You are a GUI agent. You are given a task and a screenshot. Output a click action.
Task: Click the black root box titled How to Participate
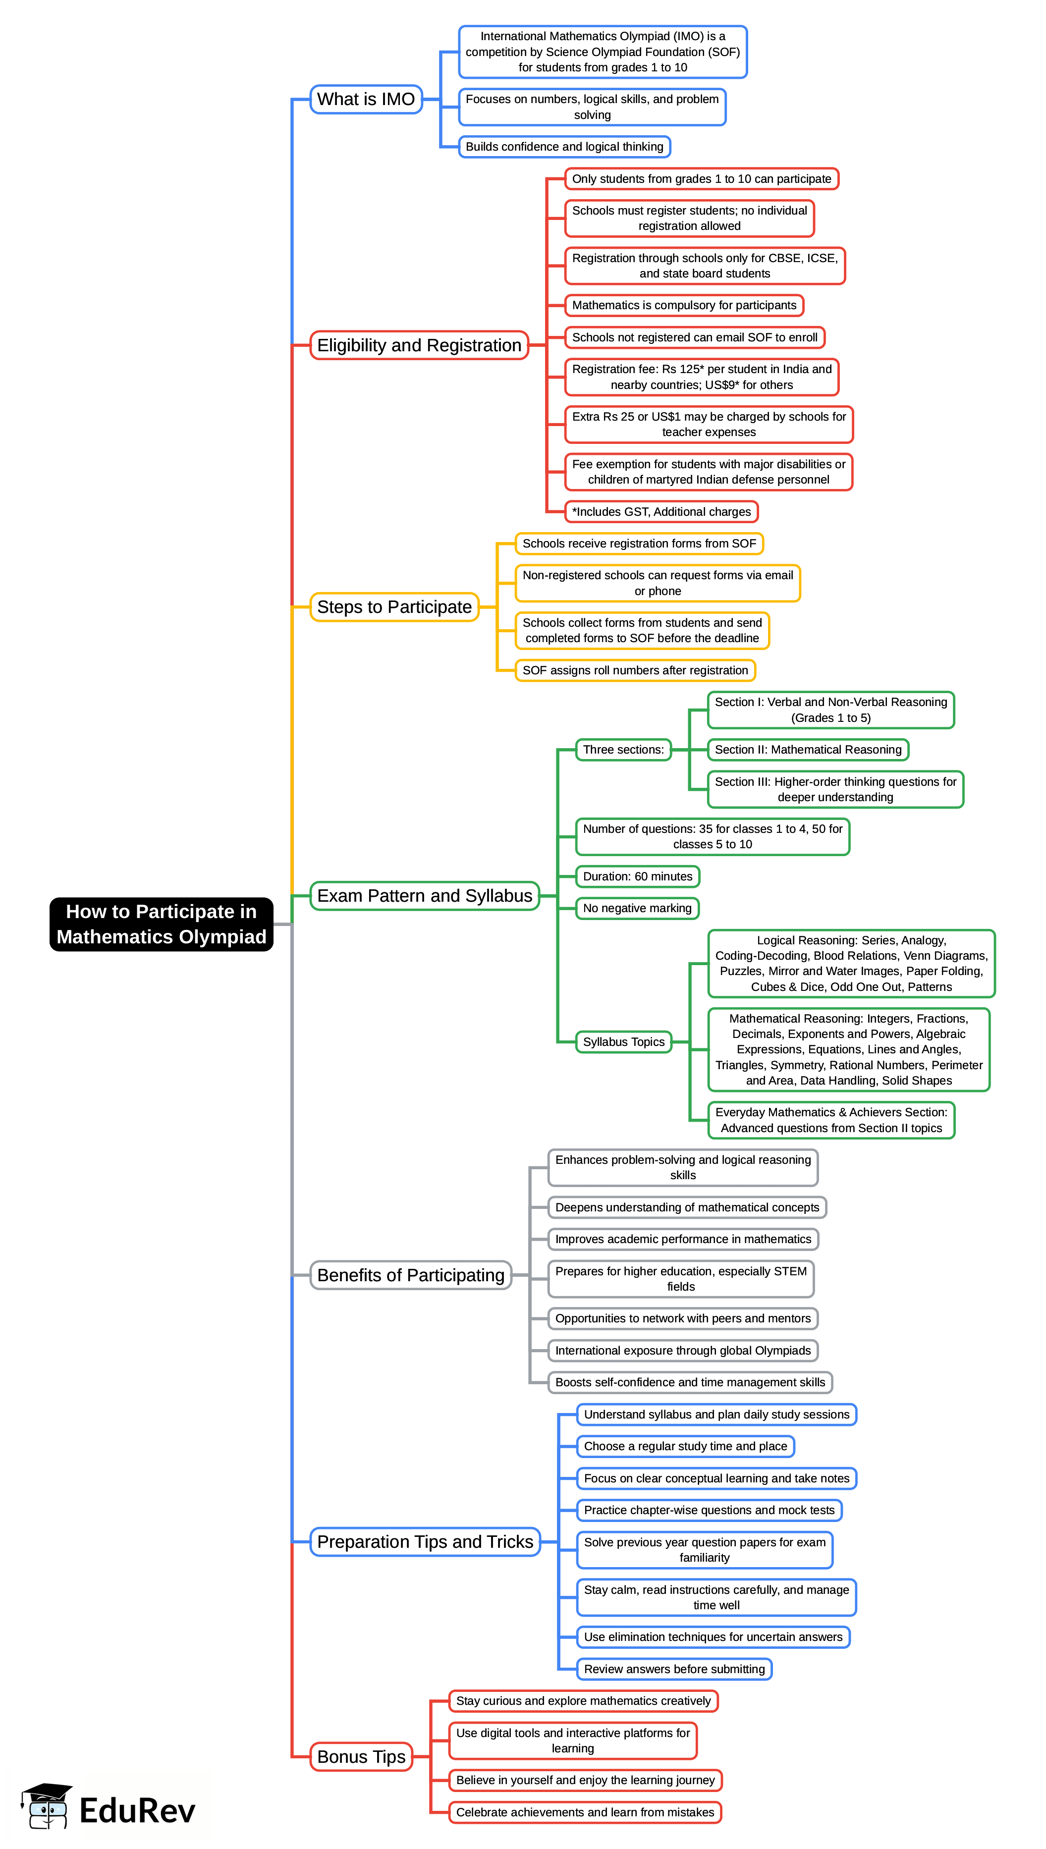(x=161, y=924)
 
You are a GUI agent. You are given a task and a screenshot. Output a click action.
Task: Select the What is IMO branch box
(x=366, y=99)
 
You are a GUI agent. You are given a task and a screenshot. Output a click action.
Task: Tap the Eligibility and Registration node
(x=419, y=345)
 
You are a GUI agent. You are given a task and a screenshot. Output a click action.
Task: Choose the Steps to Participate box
(x=394, y=607)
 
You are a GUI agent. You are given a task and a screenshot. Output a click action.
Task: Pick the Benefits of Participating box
(x=410, y=1275)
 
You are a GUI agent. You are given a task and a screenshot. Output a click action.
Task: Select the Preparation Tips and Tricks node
(x=425, y=1541)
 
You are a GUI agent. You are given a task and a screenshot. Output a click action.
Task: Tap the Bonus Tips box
(x=361, y=1756)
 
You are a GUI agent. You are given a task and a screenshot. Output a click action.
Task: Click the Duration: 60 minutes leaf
(x=637, y=876)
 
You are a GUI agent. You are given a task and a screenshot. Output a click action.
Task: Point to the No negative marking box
(x=637, y=908)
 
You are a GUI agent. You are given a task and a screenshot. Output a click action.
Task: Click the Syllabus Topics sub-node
(x=623, y=1041)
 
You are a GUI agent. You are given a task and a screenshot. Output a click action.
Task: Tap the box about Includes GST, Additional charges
(x=661, y=511)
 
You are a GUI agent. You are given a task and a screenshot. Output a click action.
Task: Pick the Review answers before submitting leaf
(x=674, y=1669)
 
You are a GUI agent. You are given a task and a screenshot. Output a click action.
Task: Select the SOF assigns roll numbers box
(x=635, y=670)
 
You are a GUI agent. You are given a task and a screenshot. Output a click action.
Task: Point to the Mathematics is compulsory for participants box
(x=684, y=305)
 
